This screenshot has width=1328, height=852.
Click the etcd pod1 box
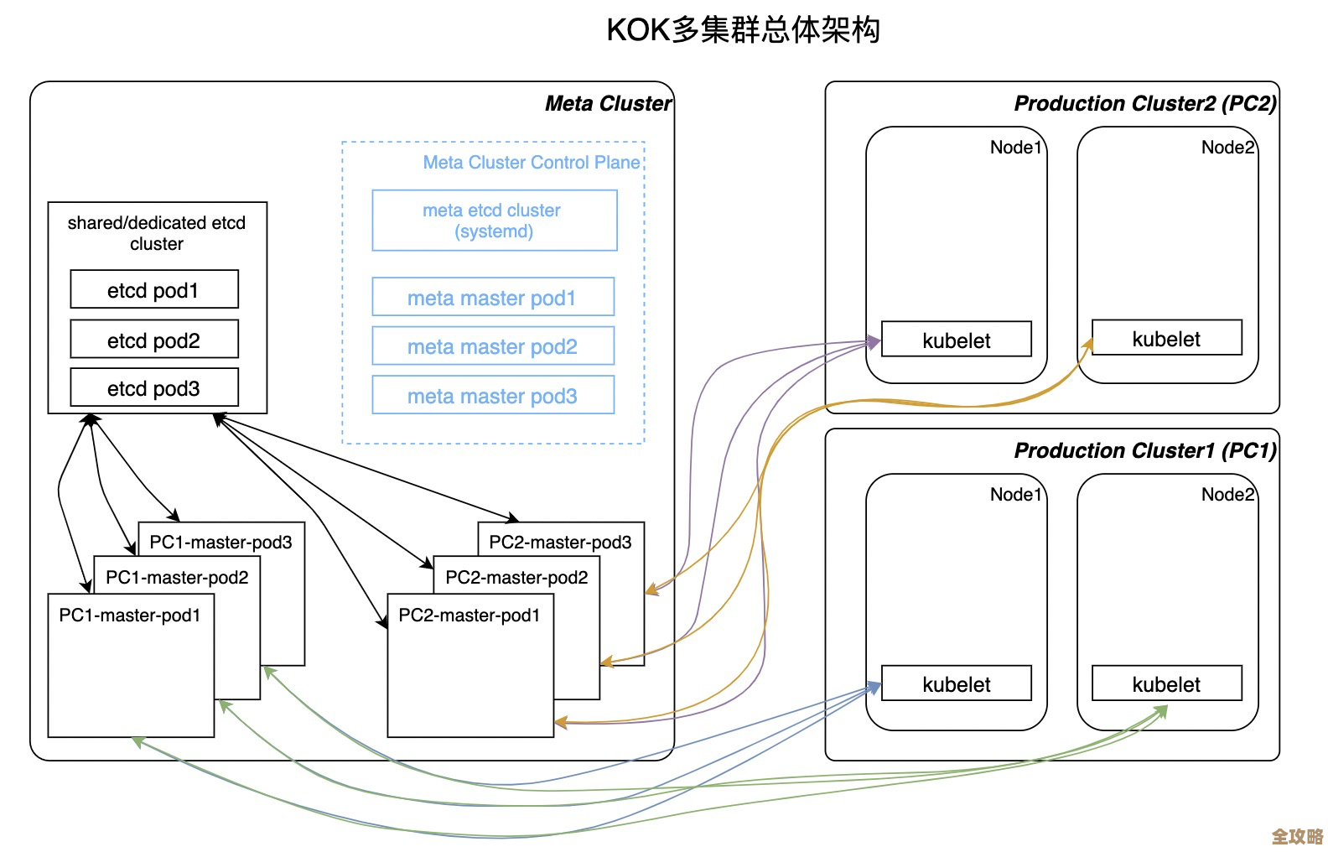[153, 290]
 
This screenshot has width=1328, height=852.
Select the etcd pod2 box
[153, 340]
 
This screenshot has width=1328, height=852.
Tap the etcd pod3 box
[153, 388]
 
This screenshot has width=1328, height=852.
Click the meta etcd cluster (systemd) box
[494, 221]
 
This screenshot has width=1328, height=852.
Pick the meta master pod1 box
[492, 298]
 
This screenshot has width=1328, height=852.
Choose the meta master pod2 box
[492, 346]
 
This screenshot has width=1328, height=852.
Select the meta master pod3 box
[492, 396]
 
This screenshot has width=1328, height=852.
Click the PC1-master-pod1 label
[130, 616]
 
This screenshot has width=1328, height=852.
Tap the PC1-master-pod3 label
[220, 543]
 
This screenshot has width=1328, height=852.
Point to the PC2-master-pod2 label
[516, 578]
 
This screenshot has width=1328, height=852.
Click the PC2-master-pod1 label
[469, 616]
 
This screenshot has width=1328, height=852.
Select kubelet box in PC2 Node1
[956, 340]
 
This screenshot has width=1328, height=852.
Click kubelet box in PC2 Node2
[1165, 339]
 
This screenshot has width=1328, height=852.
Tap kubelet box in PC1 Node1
[956, 684]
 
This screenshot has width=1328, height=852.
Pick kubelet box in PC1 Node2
[1165, 684]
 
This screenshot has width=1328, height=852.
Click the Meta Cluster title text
[607, 103]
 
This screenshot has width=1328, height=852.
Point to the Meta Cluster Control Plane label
[532, 162]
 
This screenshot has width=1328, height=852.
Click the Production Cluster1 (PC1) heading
[1144, 450]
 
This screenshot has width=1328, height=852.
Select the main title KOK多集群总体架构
[743, 30]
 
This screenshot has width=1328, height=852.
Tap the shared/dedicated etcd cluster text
[156, 232]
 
